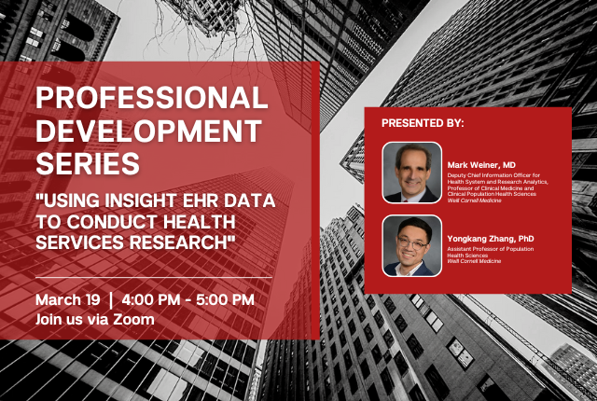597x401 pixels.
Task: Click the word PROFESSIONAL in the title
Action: (x=152, y=97)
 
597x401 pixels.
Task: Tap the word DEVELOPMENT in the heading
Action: (x=149, y=131)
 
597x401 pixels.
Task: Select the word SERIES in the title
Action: (x=88, y=163)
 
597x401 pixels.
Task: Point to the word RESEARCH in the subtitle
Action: (x=180, y=242)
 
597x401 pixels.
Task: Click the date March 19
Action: (x=68, y=299)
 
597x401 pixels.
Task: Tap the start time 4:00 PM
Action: (x=151, y=299)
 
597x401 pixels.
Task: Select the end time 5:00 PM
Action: (x=225, y=299)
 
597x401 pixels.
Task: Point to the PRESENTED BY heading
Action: (x=423, y=123)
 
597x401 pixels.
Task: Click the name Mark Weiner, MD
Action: (x=481, y=165)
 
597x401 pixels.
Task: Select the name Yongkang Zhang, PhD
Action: (x=491, y=239)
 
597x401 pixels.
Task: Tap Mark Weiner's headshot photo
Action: (x=412, y=173)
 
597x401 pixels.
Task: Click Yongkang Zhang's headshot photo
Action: (x=412, y=246)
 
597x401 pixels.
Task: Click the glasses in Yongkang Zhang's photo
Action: (x=412, y=243)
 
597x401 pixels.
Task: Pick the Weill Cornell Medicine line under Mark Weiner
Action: (x=474, y=200)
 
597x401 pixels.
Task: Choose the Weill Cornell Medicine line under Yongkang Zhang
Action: (x=474, y=261)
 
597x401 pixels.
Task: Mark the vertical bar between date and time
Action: (x=111, y=300)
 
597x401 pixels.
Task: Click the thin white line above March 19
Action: (x=154, y=278)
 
